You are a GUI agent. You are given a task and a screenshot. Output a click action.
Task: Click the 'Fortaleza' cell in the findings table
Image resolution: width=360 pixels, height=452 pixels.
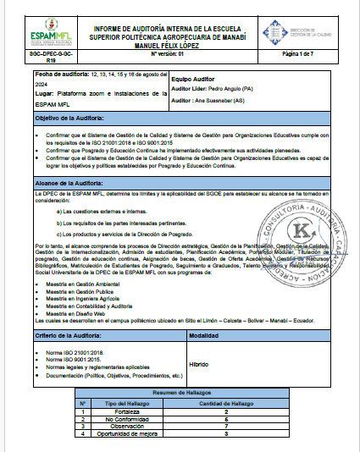[120, 411]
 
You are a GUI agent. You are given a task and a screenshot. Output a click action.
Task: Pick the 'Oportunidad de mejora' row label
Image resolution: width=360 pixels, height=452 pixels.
[120, 433]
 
